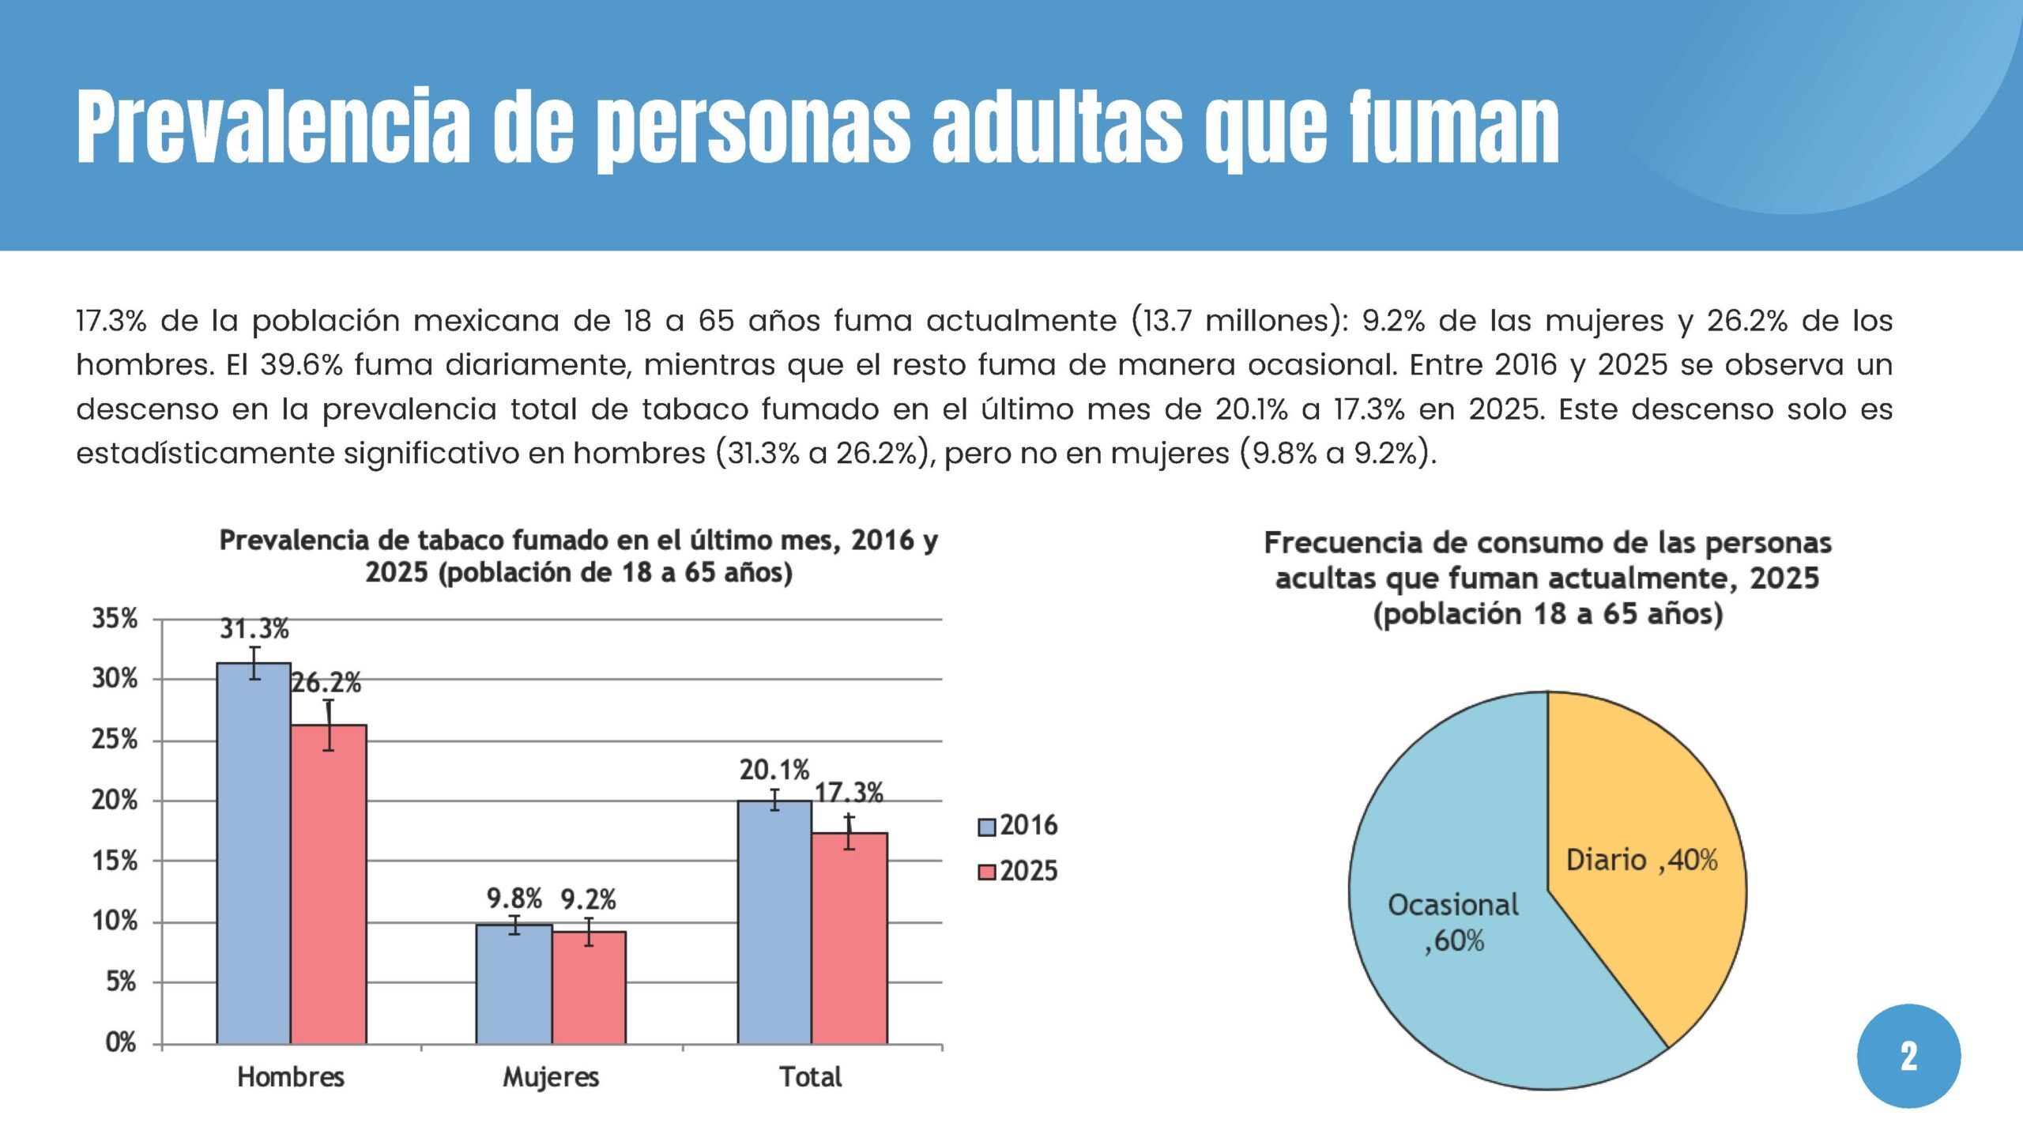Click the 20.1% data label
[774, 770]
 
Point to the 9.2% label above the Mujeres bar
[588, 899]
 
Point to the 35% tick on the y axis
[115, 619]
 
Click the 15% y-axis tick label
[115, 861]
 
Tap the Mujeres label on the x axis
[551, 1077]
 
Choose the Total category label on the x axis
[811, 1077]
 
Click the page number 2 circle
[1908, 1056]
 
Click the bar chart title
[578, 556]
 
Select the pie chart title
[1547, 578]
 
